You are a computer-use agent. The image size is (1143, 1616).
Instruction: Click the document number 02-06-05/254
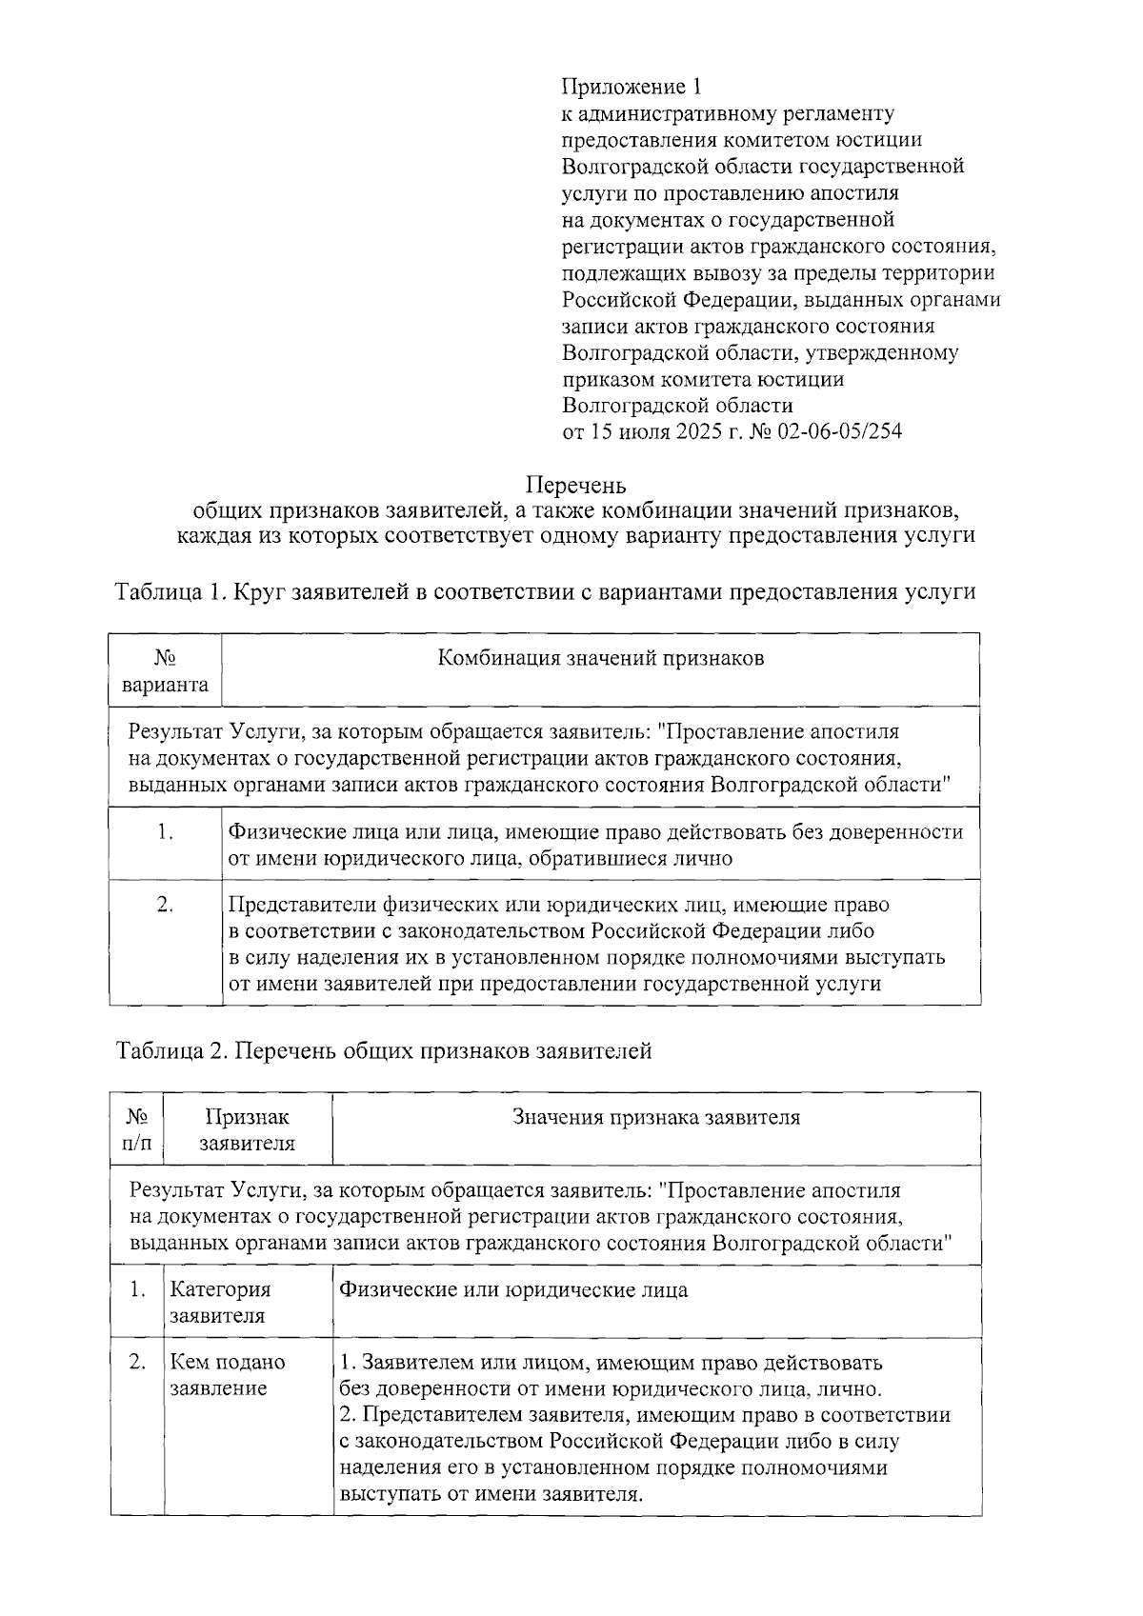[840, 432]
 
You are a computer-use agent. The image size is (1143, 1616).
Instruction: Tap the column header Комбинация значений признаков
[600, 659]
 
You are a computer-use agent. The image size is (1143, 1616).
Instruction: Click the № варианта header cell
[166, 671]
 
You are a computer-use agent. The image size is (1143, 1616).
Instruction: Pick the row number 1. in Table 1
[166, 832]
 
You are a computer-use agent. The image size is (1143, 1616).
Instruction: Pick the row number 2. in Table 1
[166, 905]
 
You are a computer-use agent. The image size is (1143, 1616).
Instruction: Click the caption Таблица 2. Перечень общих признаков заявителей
[384, 1051]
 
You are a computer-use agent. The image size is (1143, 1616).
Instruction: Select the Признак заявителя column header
[248, 1129]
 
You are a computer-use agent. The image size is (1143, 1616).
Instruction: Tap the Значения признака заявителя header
[656, 1117]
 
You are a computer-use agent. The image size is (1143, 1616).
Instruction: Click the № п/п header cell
[137, 1129]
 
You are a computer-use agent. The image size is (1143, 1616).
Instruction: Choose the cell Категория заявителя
[220, 1303]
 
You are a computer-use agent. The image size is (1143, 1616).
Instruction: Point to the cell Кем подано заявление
[227, 1375]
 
